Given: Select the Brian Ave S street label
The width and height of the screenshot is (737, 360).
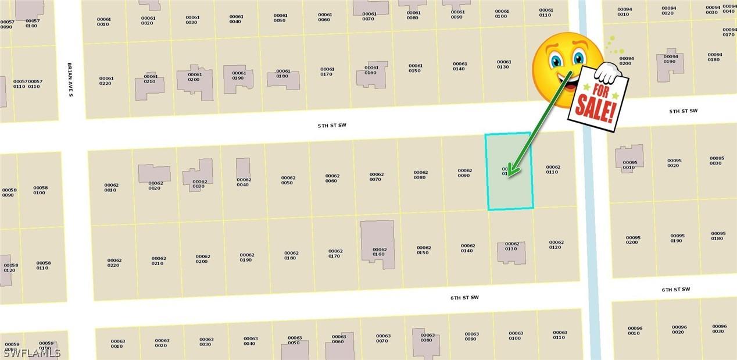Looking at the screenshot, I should click(70, 79).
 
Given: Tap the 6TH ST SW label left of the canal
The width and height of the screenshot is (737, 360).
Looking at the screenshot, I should click(464, 298).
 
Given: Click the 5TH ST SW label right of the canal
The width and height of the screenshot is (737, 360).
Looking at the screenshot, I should click(682, 111).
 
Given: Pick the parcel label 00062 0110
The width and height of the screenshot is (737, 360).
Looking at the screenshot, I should click(553, 169).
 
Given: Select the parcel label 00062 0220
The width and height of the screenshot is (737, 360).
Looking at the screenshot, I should click(114, 262).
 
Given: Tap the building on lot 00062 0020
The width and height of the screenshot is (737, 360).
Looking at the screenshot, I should click(154, 173).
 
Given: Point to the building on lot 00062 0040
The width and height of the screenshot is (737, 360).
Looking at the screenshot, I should click(243, 168).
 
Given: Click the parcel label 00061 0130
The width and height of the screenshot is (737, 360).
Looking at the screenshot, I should click(503, 64).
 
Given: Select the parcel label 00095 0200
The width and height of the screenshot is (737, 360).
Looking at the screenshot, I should click(632, 240).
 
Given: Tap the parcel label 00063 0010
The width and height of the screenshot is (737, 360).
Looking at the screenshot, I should click(117, 343).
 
